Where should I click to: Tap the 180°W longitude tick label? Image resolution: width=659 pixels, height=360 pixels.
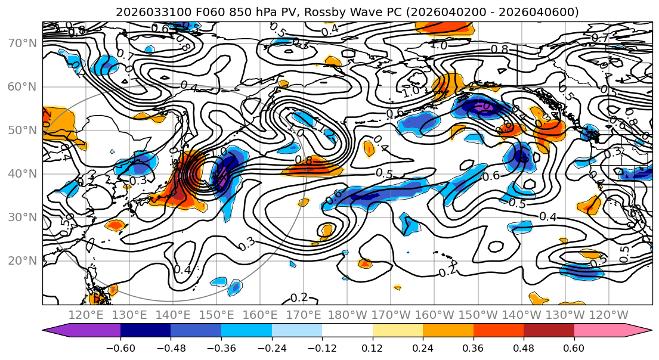[x=347, y=315]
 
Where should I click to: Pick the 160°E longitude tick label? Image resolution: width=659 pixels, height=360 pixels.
[x=260, y=315]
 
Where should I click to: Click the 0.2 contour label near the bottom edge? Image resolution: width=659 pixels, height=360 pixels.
[x=299, y=297]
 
